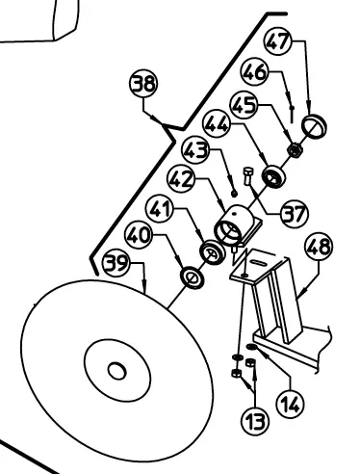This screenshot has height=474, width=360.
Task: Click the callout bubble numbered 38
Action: (143, 83)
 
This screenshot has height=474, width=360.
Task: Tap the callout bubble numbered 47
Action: (278, 41)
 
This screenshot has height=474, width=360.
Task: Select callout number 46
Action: (254, 72)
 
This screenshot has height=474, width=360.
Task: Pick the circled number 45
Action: (244, 105)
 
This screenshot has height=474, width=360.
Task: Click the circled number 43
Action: (195, 150)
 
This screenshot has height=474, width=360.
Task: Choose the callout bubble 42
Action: (182, 179)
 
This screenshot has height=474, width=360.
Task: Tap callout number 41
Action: (160, 209)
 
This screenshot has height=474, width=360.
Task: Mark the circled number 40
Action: (139, 235)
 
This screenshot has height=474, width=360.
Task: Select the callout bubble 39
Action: (116, 263)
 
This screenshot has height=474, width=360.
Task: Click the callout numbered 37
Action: (295, 214)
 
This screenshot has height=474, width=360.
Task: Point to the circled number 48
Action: (319, 248)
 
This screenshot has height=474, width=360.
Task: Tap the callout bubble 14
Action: (290, 404)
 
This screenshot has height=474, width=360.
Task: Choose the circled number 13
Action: (255, 420)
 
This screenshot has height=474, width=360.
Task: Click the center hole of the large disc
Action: (116, 371)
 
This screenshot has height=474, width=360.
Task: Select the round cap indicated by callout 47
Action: (314, 126)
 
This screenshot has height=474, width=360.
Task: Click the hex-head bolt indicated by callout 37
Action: (248, 175)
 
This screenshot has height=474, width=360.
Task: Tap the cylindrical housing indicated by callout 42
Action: (233, 224)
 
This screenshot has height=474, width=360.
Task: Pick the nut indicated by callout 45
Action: (295, 150)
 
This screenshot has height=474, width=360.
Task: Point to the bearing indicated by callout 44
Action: (273, 176)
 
